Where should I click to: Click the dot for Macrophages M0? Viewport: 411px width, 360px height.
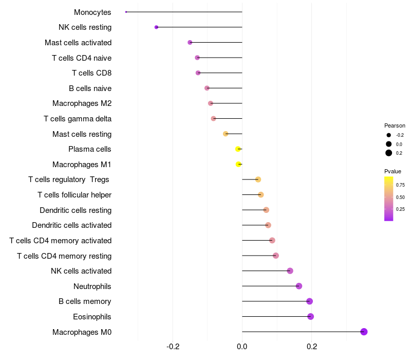pyautogui.click(x=364, y=332)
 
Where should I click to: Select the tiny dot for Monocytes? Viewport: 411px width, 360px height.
pyautogui.click(x=126, y=12)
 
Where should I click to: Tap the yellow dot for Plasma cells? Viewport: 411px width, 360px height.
pyautogui.click(x=238, y=149)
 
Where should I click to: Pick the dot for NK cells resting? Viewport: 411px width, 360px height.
pyautogui.click(x=156, y=27)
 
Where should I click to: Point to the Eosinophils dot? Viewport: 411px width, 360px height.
pyautogui.click(x=311, y=316)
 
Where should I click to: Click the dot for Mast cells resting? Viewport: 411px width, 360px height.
pyautogui.click(x=226, y=134)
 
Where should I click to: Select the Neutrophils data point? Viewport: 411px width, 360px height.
pyautogui.click(x=299, y=286)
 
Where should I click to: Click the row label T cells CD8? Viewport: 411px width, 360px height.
pyautogui.click(x=92, y=73)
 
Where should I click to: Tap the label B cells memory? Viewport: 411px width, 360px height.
pyautogui.click(x=85, y=301)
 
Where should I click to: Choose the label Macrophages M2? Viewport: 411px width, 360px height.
pyautogui.click(x=82, y=103)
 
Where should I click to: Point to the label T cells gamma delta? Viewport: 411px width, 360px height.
pyautogui.click(x=78, y=119)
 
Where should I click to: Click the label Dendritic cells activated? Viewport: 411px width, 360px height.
pyautogui.click(x=72, y=225)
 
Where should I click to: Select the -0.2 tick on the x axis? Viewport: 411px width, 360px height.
pyautogui.click(x=173, y=347)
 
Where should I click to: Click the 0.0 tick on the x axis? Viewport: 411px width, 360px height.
pyautogui.click(x=242, y=347)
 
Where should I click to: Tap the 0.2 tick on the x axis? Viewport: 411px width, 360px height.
pyautogui.click(x=312, y=347)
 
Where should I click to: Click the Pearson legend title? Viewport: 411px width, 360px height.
pyautogui.click(x=395, y=125)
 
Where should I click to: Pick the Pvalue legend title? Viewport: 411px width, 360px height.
pyautogui.click(x=393, y=171)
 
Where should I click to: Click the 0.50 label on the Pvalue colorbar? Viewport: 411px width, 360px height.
pyautogui.click(x=400, y=197)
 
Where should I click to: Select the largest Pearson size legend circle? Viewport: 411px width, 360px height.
pyautogui.click(x=389, y=153)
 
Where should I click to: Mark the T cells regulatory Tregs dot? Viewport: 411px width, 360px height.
pyautogui.click(x=258, y=179)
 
